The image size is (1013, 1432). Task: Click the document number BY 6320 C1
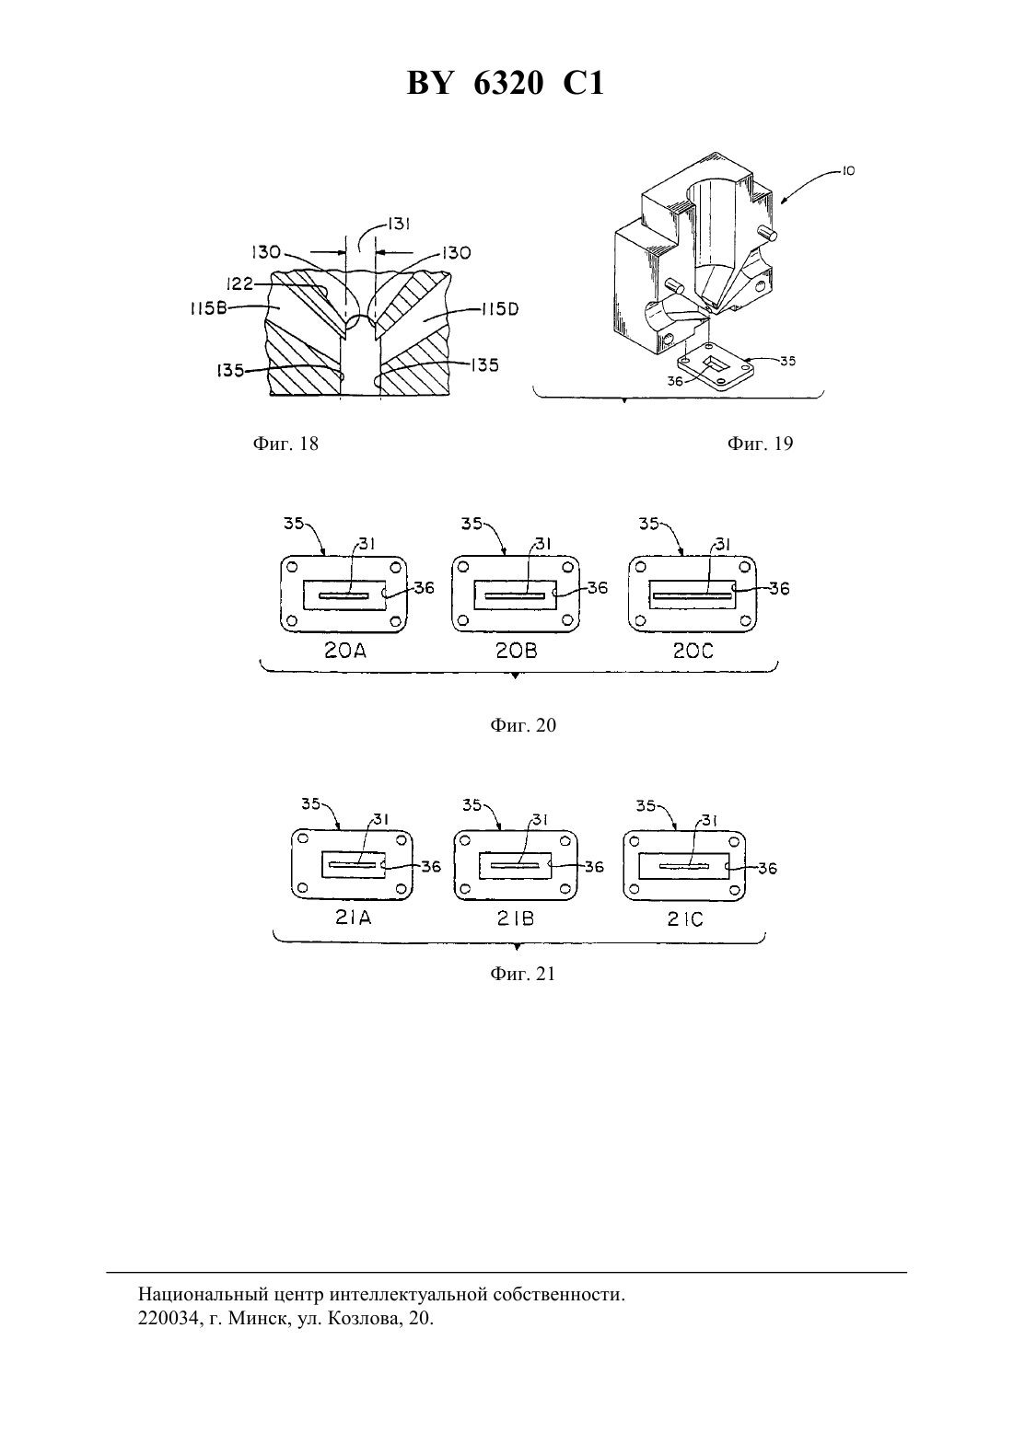506,83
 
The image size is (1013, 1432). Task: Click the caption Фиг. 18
285,444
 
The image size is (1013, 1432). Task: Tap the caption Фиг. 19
761,444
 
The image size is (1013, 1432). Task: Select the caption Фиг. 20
523,725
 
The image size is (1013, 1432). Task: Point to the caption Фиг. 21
523,974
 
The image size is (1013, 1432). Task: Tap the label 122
239,283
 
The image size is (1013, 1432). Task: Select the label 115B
208,309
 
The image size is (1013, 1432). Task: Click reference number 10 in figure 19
848,170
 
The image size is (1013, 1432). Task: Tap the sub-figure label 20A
344,651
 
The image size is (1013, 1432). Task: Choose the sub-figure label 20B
517,651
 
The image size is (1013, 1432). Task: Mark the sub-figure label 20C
693,652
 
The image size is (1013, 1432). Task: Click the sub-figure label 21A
353,918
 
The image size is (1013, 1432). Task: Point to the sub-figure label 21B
516,918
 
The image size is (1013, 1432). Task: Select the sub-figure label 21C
685,919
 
